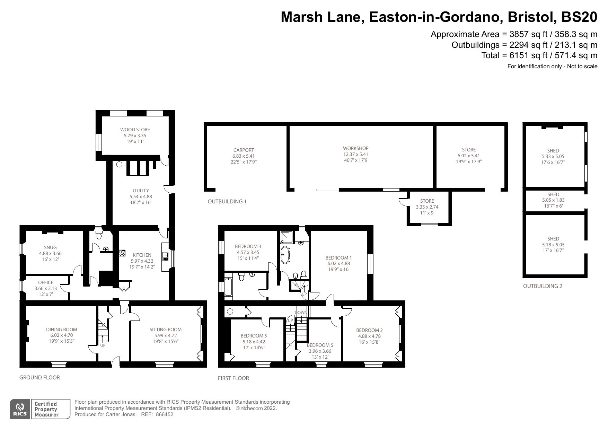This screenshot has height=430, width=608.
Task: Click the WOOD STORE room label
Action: click(x=135, y=130)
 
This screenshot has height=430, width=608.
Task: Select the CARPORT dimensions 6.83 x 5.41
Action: click(x=244, y=156)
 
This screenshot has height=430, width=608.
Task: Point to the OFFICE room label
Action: click(x=46, y=282)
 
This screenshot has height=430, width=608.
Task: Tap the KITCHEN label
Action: click(x=141, y=255)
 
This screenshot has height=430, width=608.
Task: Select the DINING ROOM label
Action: click(x=62, y=330)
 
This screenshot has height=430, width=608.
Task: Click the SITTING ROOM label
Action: click(x=165, y=330)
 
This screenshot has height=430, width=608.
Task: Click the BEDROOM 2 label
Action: click(x=369, y=330)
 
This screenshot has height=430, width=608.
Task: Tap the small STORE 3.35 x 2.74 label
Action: click(x=427, y=201)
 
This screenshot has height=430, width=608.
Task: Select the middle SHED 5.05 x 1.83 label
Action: click(x=553, y=194)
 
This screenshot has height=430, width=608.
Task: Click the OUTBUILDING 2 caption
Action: click(x=543, y=286)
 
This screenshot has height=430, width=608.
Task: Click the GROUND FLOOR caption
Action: click(x=39, y=378)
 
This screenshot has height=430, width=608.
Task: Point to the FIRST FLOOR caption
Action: click(x=233, y=378)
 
